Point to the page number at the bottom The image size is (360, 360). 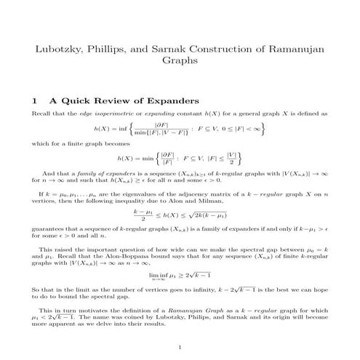click(x=180, y=346)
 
